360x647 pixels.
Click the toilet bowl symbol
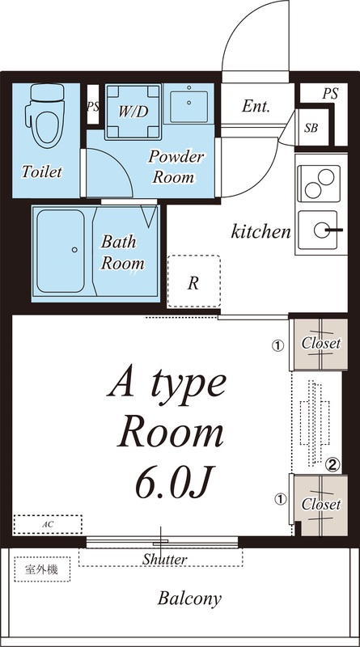[44, 116]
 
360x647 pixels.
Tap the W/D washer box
[133, 112]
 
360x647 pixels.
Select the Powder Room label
[176, 167]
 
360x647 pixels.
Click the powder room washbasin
[188, 104]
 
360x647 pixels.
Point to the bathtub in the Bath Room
[61, 251]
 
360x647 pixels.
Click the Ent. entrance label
[256, 107]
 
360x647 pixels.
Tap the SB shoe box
[312, 127]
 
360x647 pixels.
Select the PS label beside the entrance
[330, 94]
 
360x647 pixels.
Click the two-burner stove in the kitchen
[319, 184]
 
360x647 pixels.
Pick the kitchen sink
[318, 230]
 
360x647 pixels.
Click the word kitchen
[260, 232]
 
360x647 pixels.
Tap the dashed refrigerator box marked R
[193, 281]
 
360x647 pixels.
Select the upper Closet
[320, 345]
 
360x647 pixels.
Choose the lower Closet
[321, 505]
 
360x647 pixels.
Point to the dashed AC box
[48, 524]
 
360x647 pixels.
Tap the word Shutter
[165, 560]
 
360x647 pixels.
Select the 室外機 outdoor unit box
[42, 569]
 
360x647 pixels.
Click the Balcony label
[189, 598]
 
